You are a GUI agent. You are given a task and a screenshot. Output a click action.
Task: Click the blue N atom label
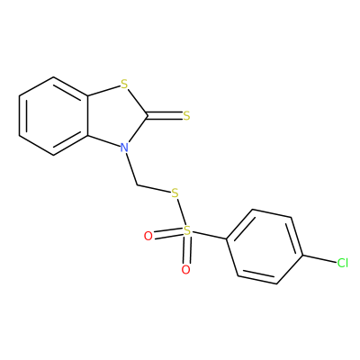pyautogui.click(x=124, y=148)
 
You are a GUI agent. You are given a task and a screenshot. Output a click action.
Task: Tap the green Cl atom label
pyautogui.click(x=343, y=263)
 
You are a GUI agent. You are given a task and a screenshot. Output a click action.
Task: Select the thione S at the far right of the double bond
pyautogui.click(x=186, y=116)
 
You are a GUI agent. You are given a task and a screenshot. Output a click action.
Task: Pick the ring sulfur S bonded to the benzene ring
pyautogui.click(x=124, y=85)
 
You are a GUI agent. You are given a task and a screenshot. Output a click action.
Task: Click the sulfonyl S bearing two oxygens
pyautogui.click(x=187, y=230)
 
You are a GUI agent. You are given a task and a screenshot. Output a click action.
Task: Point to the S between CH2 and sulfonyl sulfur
pyautogui.click(x=175, y=193)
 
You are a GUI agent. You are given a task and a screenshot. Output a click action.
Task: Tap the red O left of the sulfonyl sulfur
pyautogui.click(x=148, y=236)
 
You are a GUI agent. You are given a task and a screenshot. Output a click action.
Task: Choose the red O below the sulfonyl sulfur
pyautogui.click(x=186, y=270)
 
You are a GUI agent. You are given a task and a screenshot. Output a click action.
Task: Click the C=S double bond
pyautogui.click(x=166, y=116)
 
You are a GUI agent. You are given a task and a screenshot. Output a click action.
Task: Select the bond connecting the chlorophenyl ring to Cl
pyautogui.click(x=319, y=259)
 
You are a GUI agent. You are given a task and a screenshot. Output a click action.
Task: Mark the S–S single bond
pyautogui.click(x=181, y=212)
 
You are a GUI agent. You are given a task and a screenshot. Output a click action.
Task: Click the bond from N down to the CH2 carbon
pyautogui.click(x=131, y=168)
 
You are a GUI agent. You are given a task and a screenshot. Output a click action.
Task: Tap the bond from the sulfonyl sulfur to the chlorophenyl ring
pyautogui.click(x=209, y=236)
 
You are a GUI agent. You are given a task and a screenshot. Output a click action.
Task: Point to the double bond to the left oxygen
pyautogui.click(x=168, y=233)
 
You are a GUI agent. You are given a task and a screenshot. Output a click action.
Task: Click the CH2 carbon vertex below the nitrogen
pyautogui.click(x=137, y=185)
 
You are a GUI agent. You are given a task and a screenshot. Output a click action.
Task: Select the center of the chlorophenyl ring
pyautogui.click(x=265, y=247)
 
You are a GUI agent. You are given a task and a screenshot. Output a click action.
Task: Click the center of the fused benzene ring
pyautogui.click(x=54, y=116)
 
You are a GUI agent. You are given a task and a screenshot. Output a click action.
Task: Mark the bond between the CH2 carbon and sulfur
pyautogui.click(x=154, y=189)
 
